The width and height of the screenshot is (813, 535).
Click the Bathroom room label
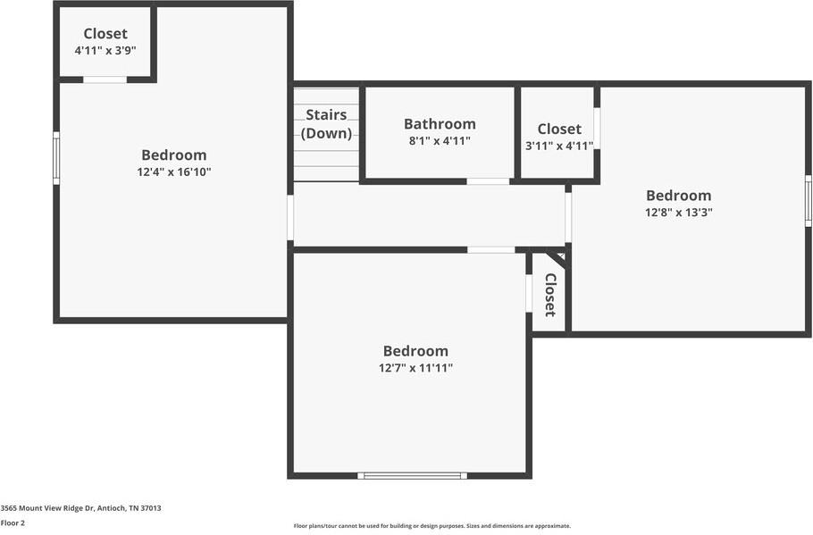click(x=440, y=124)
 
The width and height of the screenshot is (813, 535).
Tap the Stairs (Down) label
click(x=326, y=124)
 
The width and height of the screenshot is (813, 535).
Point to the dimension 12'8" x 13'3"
click(x=678, y=213)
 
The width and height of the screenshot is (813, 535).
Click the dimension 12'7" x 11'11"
click(x=415, y=368)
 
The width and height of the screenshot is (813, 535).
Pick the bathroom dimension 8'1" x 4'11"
click(x=440, y=141)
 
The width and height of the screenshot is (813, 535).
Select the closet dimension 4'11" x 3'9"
click(x=105, y=51)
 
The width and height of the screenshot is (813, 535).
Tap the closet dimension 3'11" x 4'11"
click(x=559, y=146)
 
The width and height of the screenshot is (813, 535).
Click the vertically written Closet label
click(x=550, y=294)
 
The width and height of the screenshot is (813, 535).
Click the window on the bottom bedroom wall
click(x=412, y=475)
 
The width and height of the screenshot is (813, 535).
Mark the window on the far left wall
click(x=56, y=158)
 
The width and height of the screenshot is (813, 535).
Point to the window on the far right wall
click(x=808, y=200)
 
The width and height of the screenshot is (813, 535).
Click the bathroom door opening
click(x=488, y=181)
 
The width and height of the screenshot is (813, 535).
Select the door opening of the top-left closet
click(x=105, y=79)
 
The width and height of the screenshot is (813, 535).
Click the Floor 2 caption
click(x=13, y=522)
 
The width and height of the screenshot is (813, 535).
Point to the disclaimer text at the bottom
click(x=432, y=526)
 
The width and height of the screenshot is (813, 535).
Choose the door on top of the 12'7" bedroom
click(x=490, y=249)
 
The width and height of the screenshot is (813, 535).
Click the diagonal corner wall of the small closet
click(x=556, y=259)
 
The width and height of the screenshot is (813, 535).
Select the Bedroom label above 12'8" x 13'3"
click(x=678, y=196)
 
